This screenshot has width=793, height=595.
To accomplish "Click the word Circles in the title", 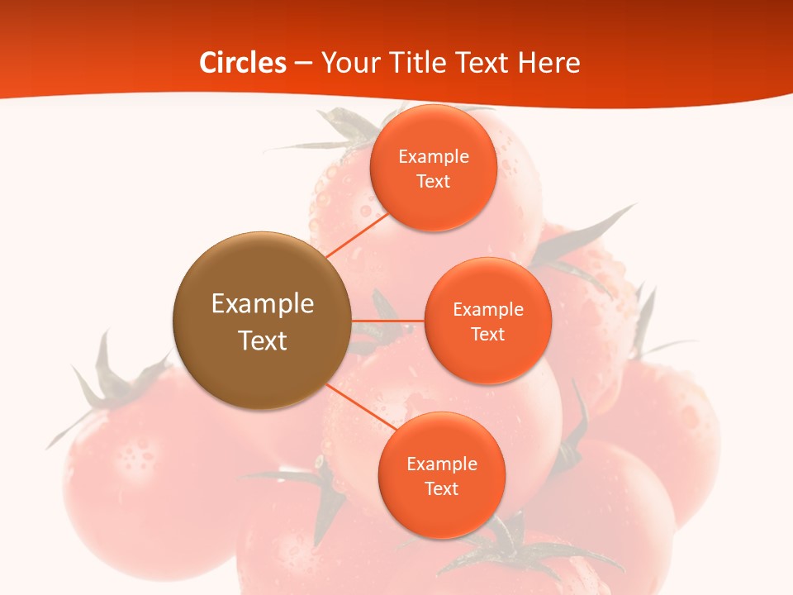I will click(243, 63).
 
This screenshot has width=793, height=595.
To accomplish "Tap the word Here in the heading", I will click(548, 63).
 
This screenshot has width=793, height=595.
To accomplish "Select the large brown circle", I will click(262, 321).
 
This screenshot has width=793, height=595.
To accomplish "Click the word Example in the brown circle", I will click(262, 303).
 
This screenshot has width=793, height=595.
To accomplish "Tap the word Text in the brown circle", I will click(262, 340).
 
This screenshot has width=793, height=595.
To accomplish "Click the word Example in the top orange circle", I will click(433, 156).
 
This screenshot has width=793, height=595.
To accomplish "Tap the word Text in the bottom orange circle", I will click(441, 488).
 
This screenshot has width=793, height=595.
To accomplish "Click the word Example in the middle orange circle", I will click(487, 309).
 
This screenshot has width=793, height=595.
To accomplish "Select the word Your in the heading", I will click(347, 63).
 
